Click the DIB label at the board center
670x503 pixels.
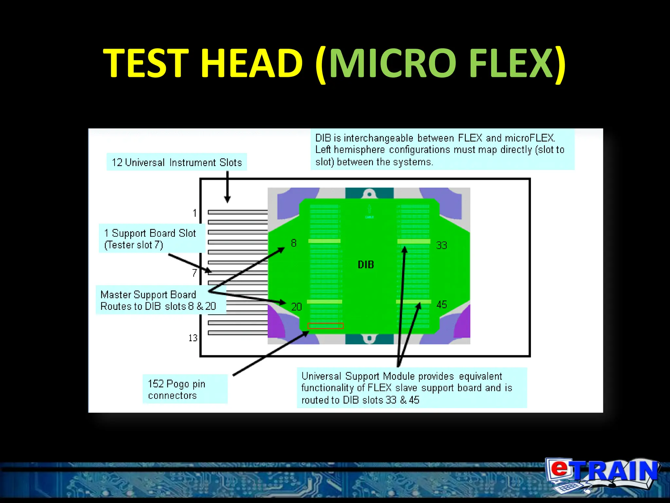pos(366,265)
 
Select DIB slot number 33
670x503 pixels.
pos(442,245)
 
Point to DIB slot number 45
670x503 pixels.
pos(442,305)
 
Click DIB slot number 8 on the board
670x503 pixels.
pos(294,243)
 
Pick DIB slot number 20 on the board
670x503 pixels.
pos(296,307)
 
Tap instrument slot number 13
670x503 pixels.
pos(193,338)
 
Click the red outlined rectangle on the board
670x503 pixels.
pos(326,326)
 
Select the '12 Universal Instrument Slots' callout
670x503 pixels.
pos(177,162)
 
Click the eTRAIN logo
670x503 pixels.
pos(602,475)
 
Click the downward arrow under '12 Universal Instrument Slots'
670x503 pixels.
pos(227,187)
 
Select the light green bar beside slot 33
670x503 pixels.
pos(414,241)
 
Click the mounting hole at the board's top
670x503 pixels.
pos(369,195)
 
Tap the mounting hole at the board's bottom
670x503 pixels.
pos(369,338)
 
